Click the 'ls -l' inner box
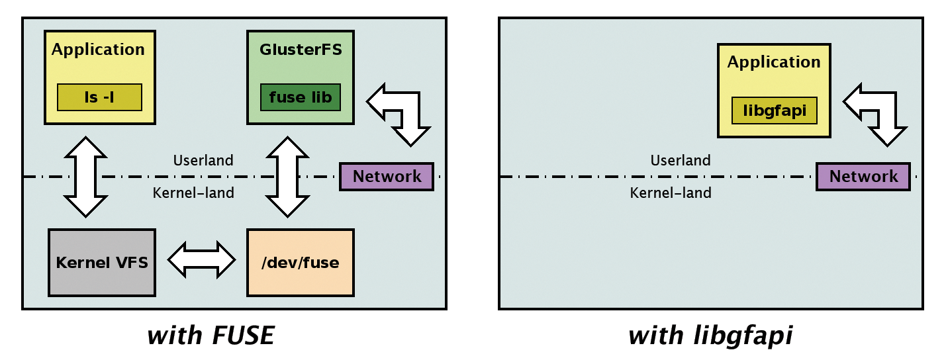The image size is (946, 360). (99, 97)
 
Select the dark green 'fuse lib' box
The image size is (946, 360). (301, 97)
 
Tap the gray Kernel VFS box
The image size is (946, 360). (102, 262)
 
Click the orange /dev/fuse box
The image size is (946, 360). (300, 262)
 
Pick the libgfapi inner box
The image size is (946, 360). (774, 111)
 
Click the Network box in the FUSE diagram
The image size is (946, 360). (387, 177)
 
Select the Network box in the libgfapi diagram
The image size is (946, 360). (863, 177)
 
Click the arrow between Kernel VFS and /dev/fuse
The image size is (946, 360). (201, 258)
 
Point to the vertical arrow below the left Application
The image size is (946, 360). (85, 177)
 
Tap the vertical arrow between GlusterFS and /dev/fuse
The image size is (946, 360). (286, 177)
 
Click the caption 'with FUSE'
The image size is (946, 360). (211, 336)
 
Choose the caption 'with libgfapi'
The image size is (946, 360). (710, 336)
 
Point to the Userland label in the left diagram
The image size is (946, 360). (203, 160)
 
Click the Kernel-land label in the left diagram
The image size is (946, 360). (193, 193)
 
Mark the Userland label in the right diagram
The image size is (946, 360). (680, 160)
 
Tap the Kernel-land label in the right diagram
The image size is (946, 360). (671, 193)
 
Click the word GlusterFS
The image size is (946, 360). (301, 50)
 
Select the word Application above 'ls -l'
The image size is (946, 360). (98, 50)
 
